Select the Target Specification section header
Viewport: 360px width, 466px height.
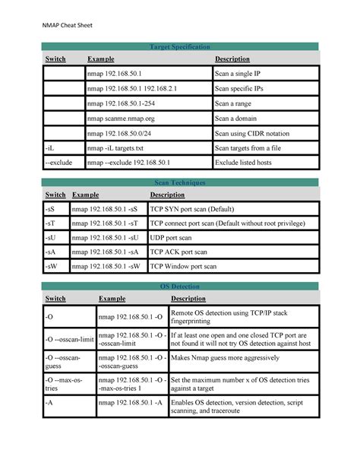click(x=180, y=47)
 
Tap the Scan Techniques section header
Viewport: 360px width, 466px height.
click(x=180, y=183)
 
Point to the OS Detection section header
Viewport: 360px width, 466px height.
click(x=180, y=286)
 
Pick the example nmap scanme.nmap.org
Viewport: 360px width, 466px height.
click(x=121, y=118)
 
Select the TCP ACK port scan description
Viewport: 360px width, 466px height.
click(x=178, y=252)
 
